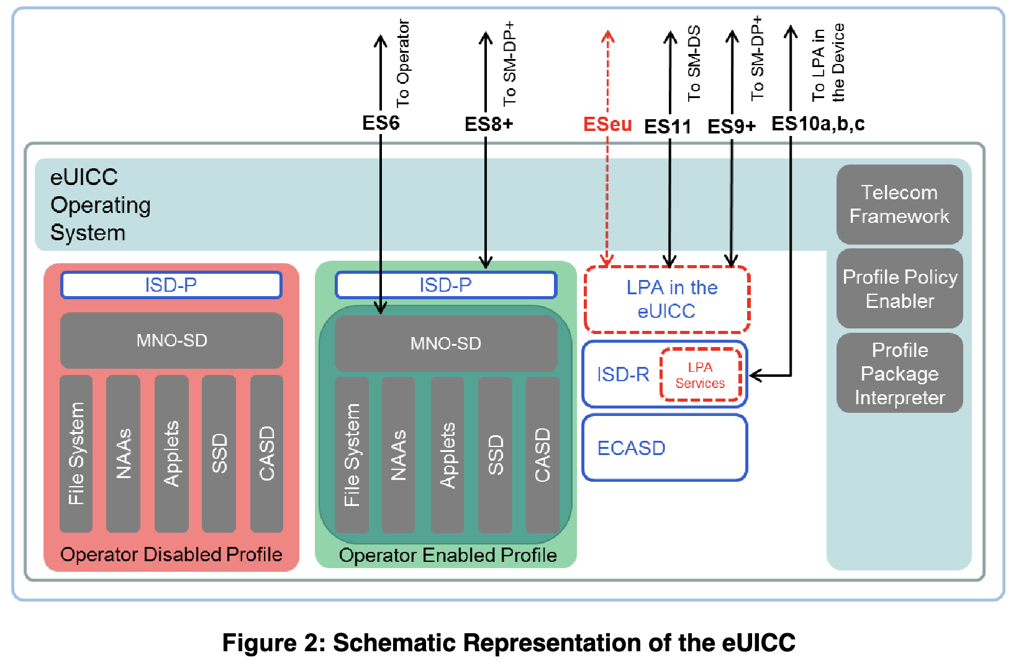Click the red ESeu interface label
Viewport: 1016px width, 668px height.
[607, 124]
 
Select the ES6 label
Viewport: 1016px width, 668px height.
[380, 123]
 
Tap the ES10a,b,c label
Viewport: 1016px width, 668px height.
[817, 124]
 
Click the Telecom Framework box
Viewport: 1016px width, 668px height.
[899, 204]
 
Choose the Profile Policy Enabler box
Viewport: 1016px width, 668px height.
[899, 289]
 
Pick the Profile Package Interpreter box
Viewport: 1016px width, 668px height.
[899, 374]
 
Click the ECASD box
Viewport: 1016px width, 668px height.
[664, 448]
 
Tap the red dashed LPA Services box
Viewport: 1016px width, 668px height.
[700, 375]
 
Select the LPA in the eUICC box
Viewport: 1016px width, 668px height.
[667, 299]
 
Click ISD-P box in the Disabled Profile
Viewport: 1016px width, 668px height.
[171, 285]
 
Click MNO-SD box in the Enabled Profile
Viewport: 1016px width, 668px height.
[445, 343]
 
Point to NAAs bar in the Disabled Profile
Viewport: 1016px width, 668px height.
[123, 453]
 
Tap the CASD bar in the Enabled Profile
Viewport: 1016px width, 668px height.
[542, 454]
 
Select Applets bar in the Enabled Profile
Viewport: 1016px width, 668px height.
[447, 454]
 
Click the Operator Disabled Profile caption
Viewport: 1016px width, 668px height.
[171, 554]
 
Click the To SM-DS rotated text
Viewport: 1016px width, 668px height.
[694, 63]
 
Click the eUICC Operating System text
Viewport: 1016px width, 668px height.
[99, 205]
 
